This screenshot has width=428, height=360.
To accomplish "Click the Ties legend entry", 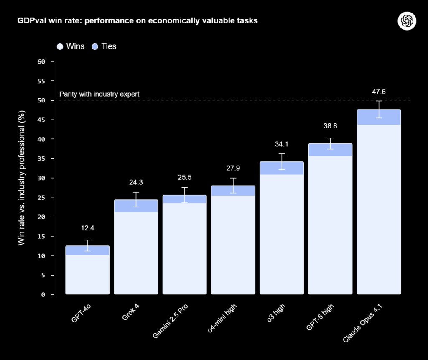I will point(104,46).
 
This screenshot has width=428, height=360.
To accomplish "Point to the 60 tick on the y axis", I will point(41,61).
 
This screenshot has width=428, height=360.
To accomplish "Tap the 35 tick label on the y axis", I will point(41,158).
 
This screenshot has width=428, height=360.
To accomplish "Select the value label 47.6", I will point(379,92).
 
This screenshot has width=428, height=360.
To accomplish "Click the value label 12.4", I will point(87,228).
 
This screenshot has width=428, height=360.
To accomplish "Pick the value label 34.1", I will point(281,144).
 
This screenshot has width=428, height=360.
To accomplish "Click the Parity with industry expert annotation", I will point(99,94).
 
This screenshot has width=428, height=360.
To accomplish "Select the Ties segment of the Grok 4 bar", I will point(136,206).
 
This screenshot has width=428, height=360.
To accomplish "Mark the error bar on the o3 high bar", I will point(281,161).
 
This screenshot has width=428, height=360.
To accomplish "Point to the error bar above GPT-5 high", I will point(330,143).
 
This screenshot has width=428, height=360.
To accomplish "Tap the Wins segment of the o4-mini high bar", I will point(233,245).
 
